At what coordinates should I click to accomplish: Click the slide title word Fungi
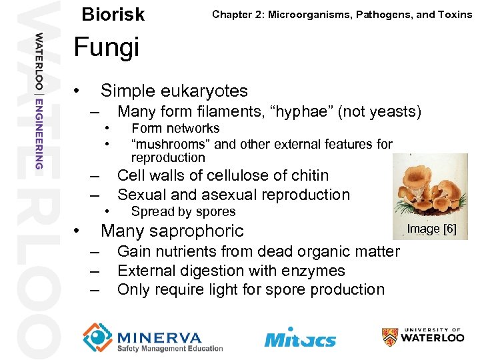click(106, 48)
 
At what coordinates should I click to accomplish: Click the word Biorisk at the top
click(113, 14)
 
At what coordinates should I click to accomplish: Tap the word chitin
click(307, 175)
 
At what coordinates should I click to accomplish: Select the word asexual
click(231, 195)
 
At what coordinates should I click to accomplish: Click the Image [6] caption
click(431, 229)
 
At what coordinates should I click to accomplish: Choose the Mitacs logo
click(300, 338)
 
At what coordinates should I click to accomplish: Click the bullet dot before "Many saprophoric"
click(78, 231)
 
